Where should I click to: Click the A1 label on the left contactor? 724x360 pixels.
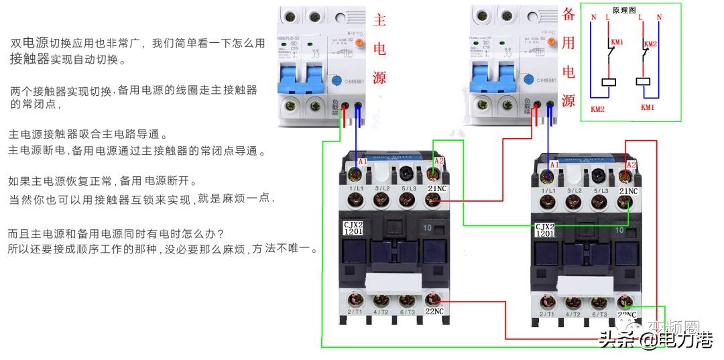pos(363,163)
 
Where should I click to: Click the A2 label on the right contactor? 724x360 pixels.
pos(631,165)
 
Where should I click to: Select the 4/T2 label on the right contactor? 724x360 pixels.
pos(573,314)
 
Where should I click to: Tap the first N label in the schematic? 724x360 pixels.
pos(593,16)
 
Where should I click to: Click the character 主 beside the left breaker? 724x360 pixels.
pos(379,20)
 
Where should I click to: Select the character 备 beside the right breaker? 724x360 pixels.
pos(568,15)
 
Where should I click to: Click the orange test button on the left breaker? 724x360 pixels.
pos(359,43)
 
